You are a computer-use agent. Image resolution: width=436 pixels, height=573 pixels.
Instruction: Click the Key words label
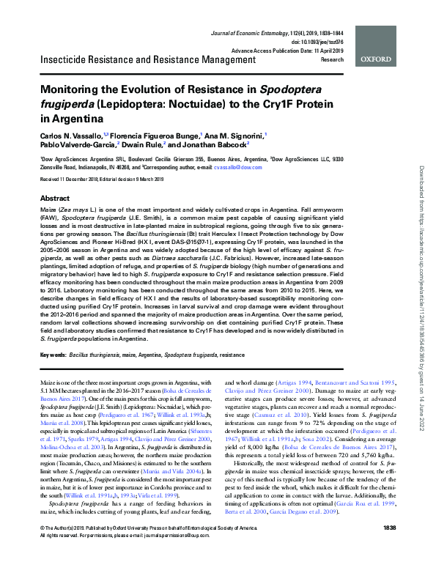click(x=52, y=355)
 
